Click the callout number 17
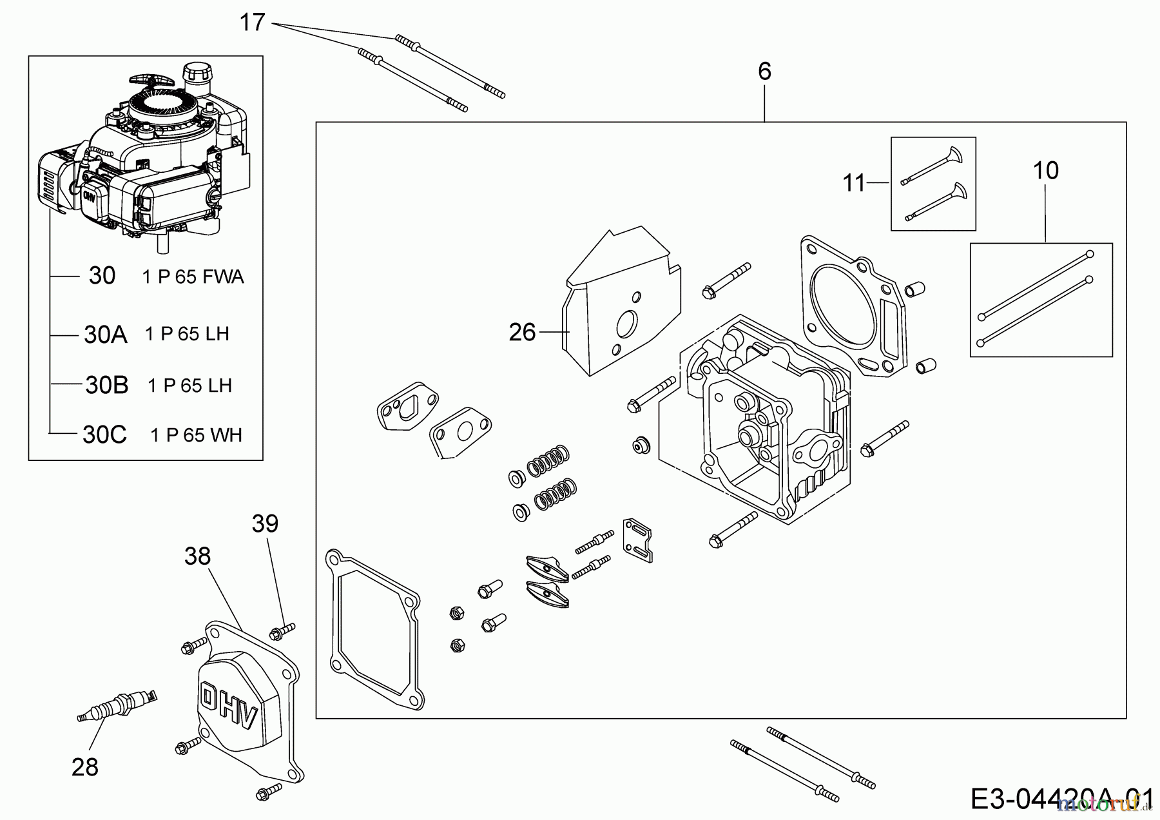[x=252, y=23]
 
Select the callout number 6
[x=764, y=72]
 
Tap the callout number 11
[x=854, y=184]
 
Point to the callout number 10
[x=1045, y=171]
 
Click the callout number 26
[x=522, y=332]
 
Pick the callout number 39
[x=265, y=523]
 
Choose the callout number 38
[x=197, y=556]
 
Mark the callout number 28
[x=85, y=767]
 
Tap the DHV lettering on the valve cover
[x=229, y=705]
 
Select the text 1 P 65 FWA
[x=193, y=277]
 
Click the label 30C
[x=105, y=434]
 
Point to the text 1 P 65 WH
[x=197, y=435]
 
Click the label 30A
[x=106, y=335]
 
